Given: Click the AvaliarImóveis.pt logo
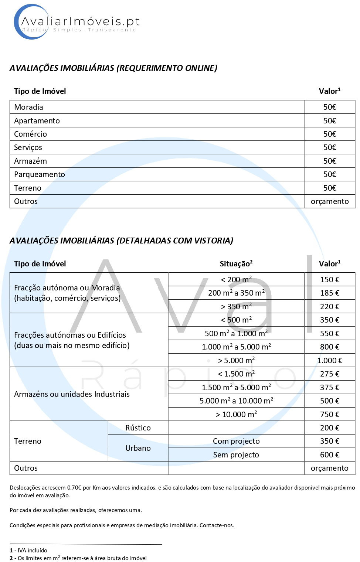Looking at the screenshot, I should coord(77,22).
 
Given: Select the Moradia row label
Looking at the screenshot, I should coord(29,107).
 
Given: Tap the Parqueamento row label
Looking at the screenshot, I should coord(40,174).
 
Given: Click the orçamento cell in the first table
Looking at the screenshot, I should coord(330,201).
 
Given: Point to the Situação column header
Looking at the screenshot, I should coord(236,264).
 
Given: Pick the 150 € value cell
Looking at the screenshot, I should coord(330,280).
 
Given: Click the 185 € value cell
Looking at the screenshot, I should coord(330,293).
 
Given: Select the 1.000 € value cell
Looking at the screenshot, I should coord(330,361).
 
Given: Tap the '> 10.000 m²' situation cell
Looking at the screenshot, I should coord(236,415).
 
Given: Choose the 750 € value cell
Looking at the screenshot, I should coord(330,415).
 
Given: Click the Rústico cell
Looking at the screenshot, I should coord(138,428).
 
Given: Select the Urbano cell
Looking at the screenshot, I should coord(138,448).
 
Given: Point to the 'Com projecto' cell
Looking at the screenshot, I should coord(236,441).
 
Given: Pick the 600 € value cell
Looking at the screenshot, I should coord(330,455).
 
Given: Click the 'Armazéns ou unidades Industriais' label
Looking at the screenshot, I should coord(72,394).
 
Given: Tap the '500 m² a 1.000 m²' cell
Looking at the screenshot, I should coord(236,334).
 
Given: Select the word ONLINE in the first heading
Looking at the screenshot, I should coord(200,68).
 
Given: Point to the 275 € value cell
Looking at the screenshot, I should coord(330,374).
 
